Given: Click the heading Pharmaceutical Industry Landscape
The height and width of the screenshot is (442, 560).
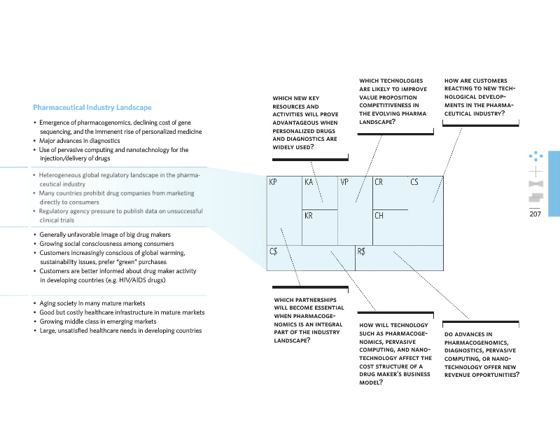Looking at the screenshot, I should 92,108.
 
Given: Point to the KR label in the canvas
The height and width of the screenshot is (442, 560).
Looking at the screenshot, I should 309,216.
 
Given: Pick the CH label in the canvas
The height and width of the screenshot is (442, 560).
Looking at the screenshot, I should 379,216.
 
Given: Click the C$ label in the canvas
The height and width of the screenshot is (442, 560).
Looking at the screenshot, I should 274,251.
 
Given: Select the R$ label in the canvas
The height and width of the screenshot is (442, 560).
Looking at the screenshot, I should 361,251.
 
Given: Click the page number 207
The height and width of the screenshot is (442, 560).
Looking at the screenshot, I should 536,214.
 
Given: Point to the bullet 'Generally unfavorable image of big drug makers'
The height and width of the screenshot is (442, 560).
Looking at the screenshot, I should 105,234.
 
